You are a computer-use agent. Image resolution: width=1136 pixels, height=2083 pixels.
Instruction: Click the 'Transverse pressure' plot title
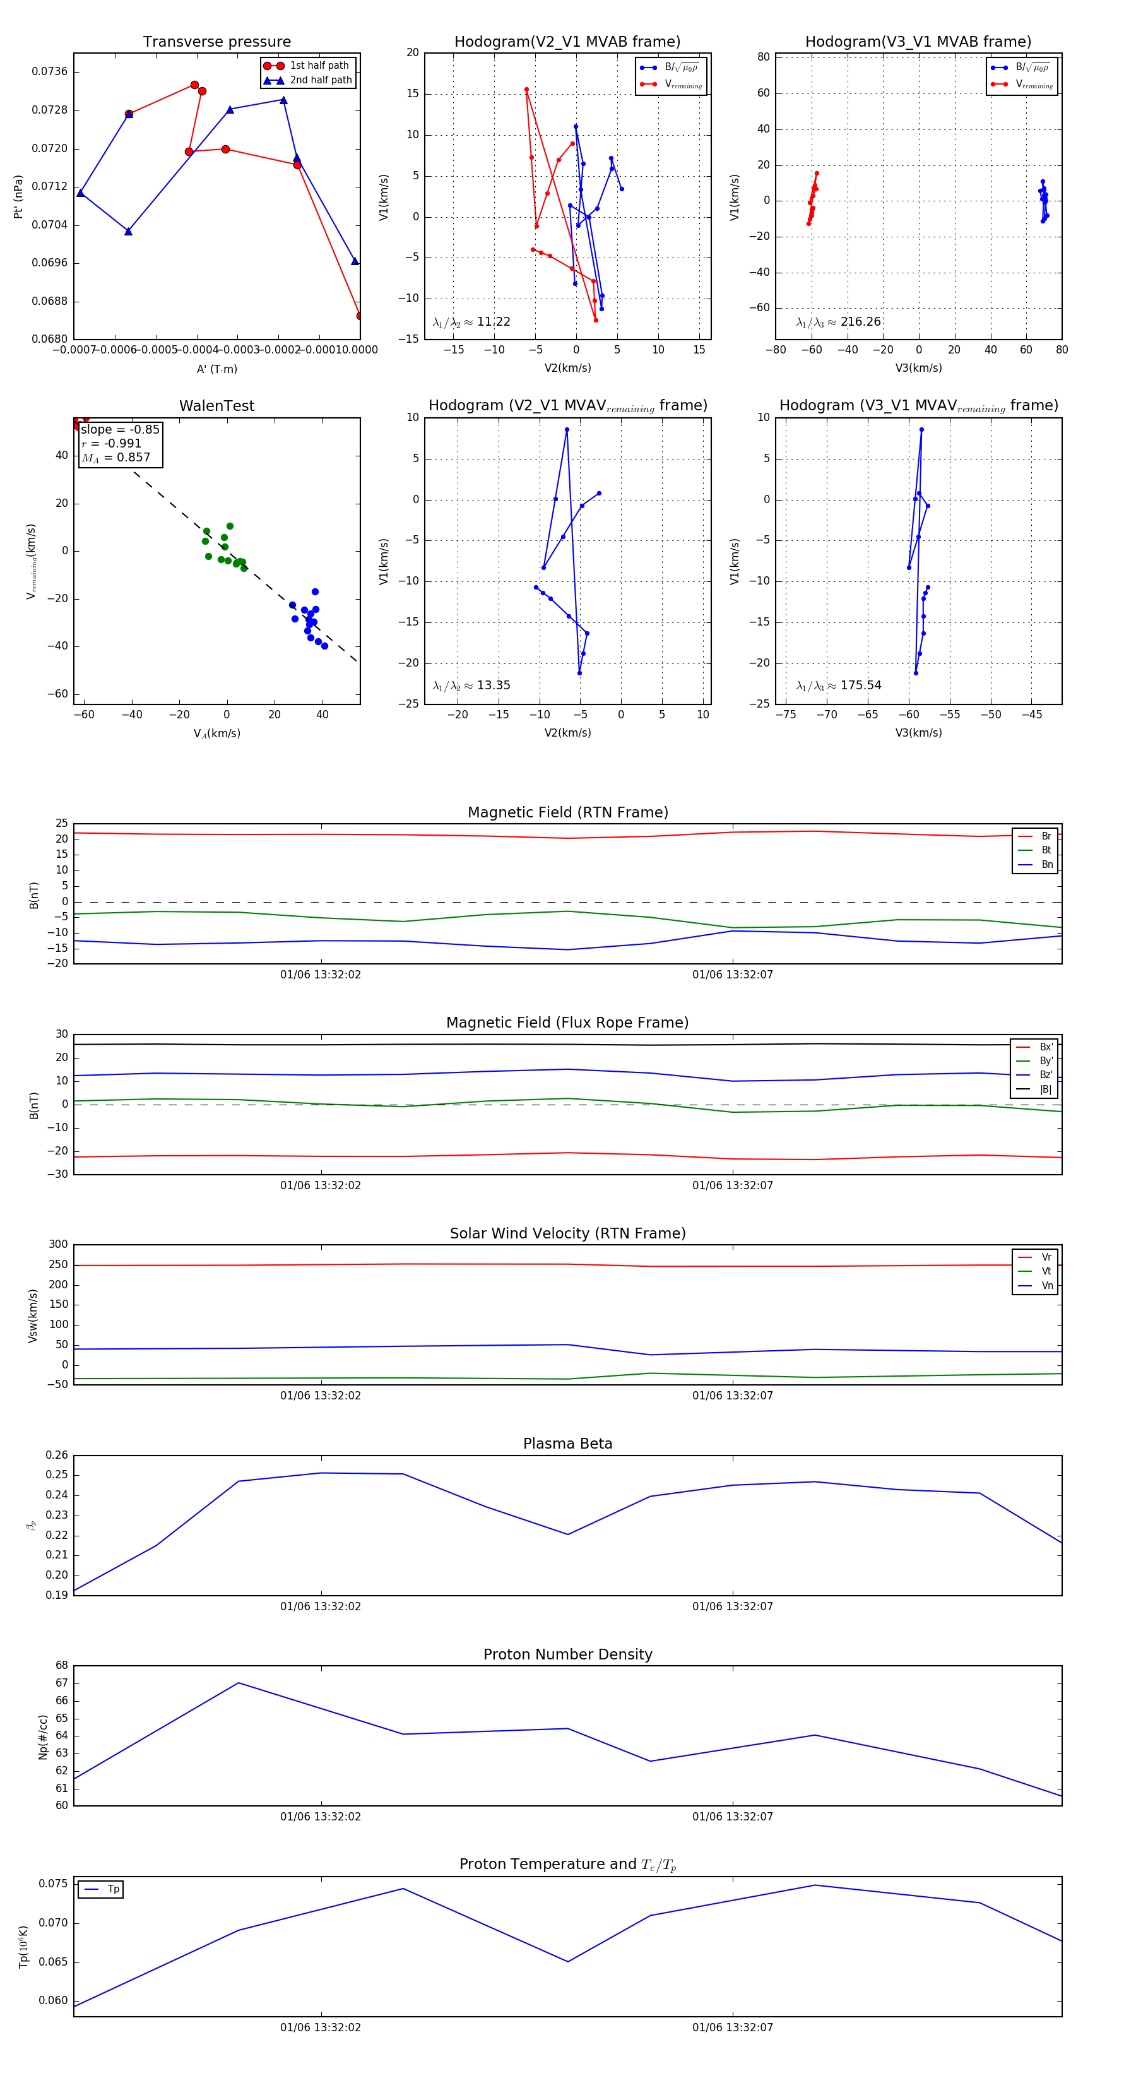(x=216, y=42)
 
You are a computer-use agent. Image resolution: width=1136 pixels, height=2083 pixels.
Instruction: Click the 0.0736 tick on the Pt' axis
(x=49, y=71)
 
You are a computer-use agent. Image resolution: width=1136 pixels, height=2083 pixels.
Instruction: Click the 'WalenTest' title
(x=216, y=406)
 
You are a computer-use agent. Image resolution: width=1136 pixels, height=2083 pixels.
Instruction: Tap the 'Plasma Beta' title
(x=567, y=1444)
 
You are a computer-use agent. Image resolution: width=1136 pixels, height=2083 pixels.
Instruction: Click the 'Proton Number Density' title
(x=567, y=1654)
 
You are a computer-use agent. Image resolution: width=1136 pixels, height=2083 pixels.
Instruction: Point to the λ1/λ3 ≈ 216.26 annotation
(x=839, y=322)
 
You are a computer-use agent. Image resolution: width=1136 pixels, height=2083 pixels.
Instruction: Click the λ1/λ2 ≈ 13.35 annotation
(x=471, y=685)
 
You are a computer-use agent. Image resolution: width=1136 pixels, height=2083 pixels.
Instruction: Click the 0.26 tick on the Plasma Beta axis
(x=57, y=1455)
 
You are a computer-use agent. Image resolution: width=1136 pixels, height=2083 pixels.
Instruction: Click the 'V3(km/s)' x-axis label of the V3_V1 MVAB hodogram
(x=918, y=368)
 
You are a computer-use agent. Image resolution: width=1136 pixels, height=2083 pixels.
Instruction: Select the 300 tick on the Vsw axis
(x=58, y=1245)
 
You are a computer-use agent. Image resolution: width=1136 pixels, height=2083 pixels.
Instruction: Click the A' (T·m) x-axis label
(x=216, y=369)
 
